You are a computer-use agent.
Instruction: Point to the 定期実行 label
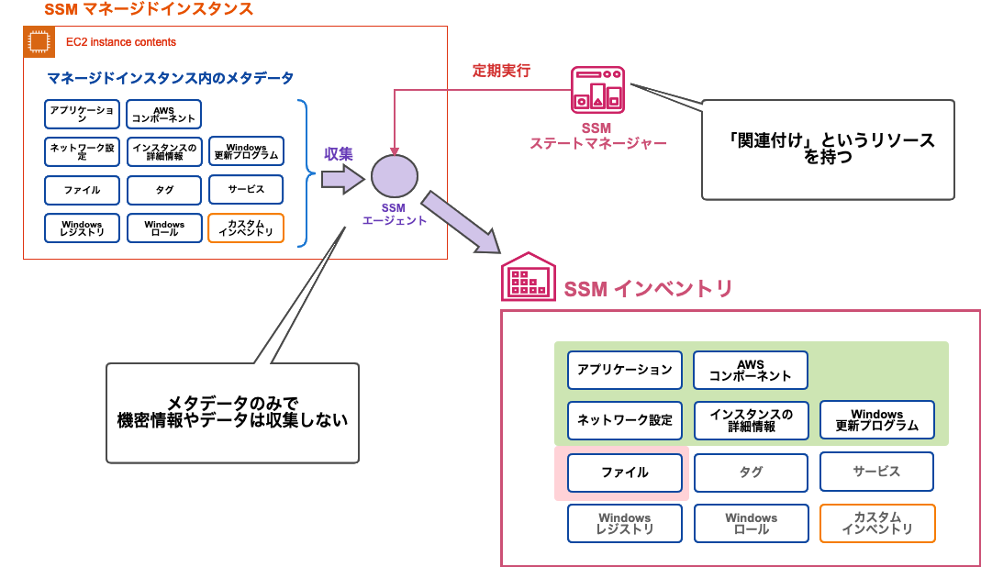pyautogui.click(x=501, y=71)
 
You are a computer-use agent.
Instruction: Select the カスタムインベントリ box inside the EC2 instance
pyautogui.click(x=246, y=228)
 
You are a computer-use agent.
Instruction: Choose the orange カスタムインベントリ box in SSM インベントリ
pyautogui.click(x=876, y=524)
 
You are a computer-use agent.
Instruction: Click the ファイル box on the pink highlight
pyautogui.click(x=624, y=472)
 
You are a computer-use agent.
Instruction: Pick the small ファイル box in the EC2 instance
pyautogui.click(x=82, y=190)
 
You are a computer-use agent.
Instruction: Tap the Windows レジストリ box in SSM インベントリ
pyautogui.click(x=624, y=524)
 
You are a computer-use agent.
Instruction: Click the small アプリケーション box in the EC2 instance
pyautogui.click(x=82, y=114)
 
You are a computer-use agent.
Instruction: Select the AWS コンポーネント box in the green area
pyautogui.click(x=750, y=370)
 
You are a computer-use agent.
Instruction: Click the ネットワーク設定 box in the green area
pyautogui.click(x=624, y=420)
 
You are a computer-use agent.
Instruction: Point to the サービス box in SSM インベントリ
pyautogui.click(x=876, y=472)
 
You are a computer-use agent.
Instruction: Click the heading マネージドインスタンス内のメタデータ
pyautogui.click(x=171, y=78)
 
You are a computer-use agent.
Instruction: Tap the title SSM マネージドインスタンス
pyautogui.click(x=148, y=10)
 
